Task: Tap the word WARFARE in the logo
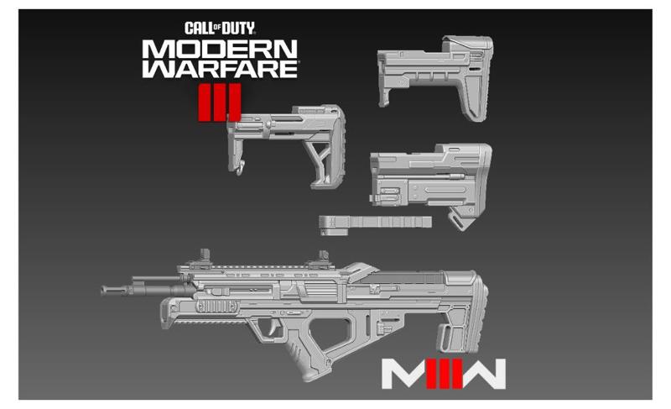[220, 71]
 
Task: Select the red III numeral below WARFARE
[220, 101]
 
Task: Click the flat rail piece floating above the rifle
[376, 223]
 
